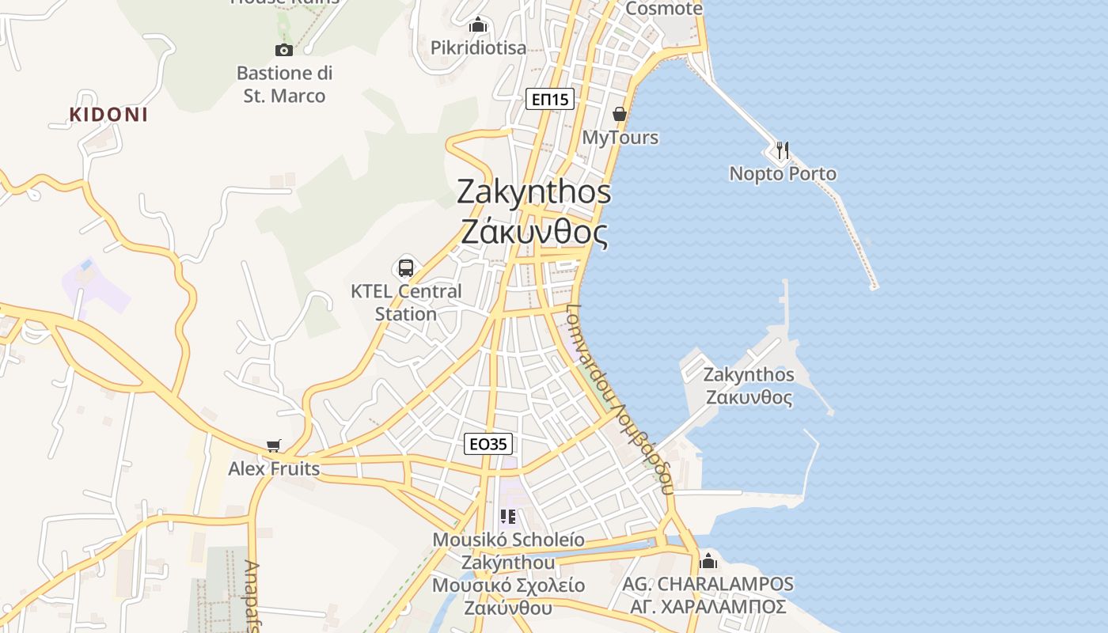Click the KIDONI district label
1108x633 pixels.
(x=108, y=115)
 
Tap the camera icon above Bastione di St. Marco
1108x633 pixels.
(x=283, y=50)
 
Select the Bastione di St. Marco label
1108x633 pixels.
(x=285, y=85)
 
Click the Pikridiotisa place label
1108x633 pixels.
(x=478, y=48)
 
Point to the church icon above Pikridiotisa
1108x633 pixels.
(x=477, y=25)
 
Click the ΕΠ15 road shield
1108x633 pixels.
(x=550, y=99)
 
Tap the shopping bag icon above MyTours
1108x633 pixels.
(x=620, y=114)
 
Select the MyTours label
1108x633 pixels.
(x=620, y=138)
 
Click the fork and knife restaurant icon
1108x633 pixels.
(x=783, y=150)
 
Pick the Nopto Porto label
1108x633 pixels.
(x=783, y=174)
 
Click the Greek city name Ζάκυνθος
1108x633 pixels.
(x=535, y=233)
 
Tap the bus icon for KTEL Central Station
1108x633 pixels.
(x=406, y=267)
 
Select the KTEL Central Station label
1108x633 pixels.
(x=406, y=302)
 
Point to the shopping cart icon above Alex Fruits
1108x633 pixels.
(x=274, y=445)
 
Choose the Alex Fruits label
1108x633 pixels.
(x=274, y=469)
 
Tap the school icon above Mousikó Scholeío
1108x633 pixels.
(x=508, y=517)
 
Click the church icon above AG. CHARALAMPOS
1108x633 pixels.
(x=708, y=560)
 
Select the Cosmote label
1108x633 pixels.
(x=663, y=9)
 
